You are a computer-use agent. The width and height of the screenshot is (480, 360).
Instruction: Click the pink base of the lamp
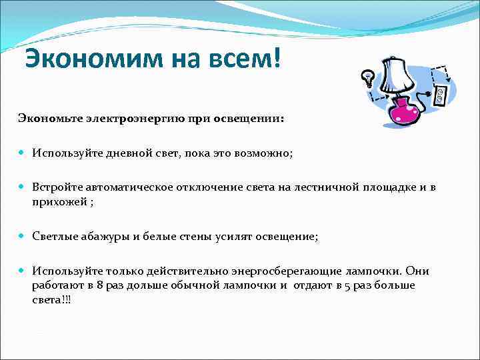click(x=403, y=112)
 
